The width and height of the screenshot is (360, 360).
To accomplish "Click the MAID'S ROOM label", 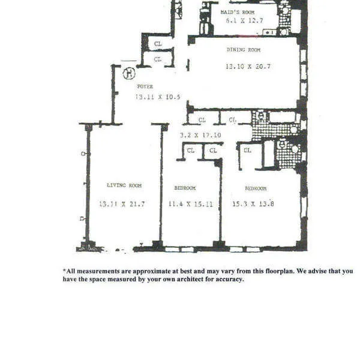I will [x=237, y=12].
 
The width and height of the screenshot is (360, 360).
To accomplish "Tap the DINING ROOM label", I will [x=245, y=50].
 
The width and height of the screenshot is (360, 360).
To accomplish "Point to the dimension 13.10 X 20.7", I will [x=247, y=67].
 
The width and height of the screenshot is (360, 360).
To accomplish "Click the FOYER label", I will [x=145, y=87].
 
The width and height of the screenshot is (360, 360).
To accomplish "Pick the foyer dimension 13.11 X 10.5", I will [x=157, y=97].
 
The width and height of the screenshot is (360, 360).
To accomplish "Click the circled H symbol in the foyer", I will [x=127, y=74].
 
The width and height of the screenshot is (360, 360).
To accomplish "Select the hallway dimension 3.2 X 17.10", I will [x=199, y=136].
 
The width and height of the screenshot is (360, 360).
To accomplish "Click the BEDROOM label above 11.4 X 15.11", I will [x=185, y=188].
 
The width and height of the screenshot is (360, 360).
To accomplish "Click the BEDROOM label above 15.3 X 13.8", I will [x=256, y=188].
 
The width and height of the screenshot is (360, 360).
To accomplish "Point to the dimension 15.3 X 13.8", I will [x=254, y=204].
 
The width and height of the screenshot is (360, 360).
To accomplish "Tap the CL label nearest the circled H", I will [x=158, y=59].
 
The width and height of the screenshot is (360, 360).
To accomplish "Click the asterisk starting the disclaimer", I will [x=64, y=271].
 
